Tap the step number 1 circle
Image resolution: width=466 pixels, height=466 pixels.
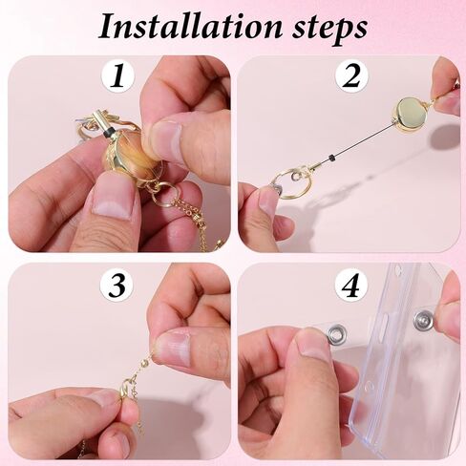[x=117, y=75]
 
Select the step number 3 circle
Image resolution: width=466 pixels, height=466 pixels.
[x=117, y=284]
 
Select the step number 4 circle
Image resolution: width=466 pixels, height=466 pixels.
[x=349, y=284]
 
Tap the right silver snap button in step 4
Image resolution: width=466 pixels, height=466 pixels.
[x=423, y=318]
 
